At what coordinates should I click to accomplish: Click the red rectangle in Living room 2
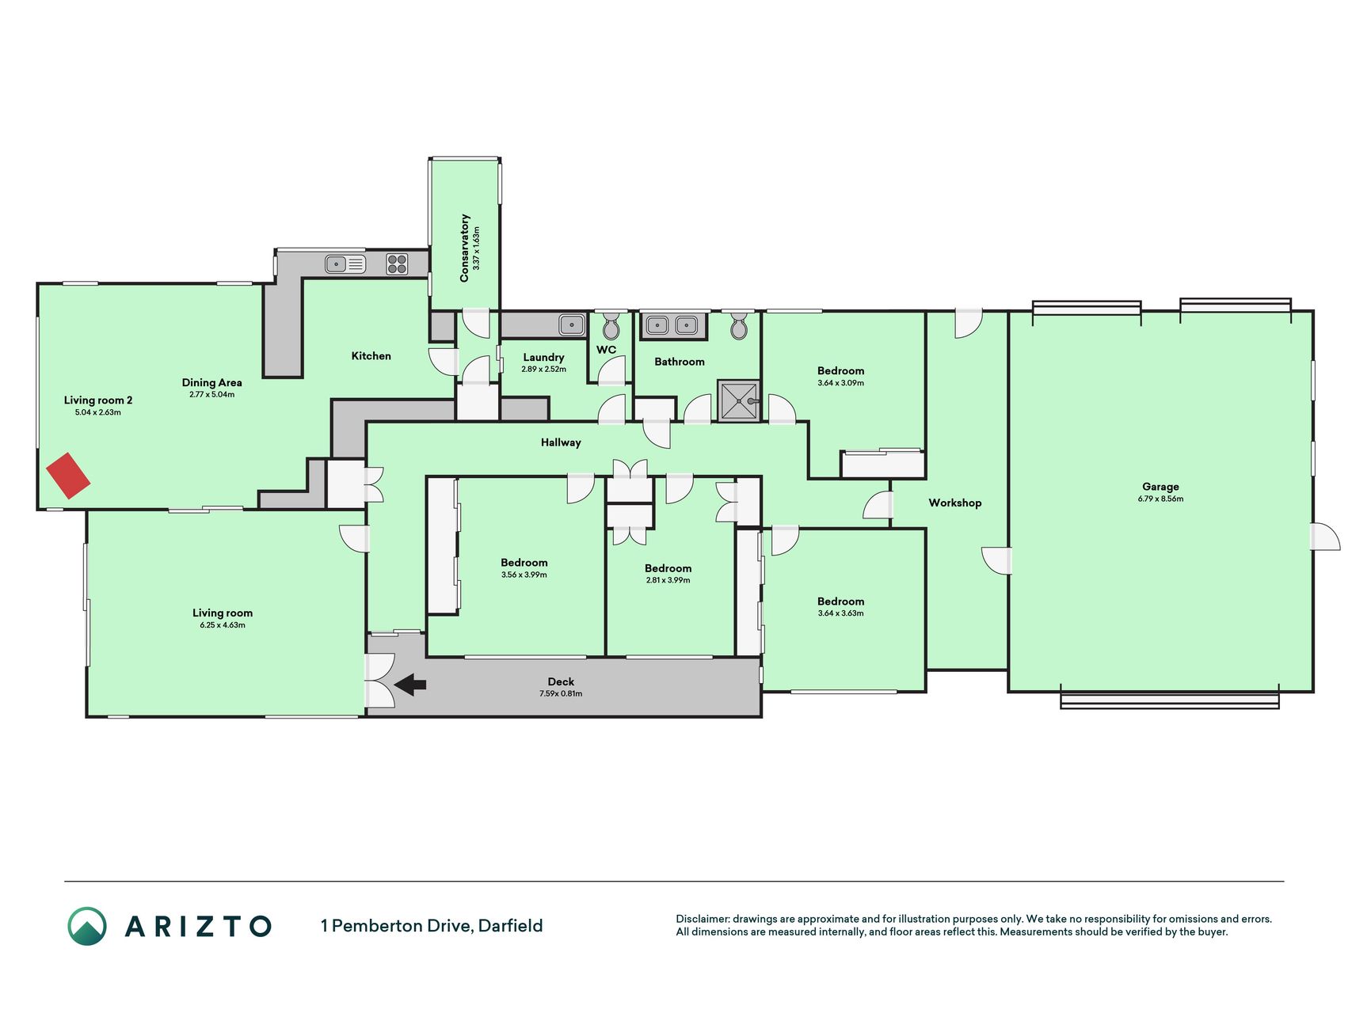(x=68, y=475)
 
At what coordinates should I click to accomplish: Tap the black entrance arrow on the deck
(x=410, y=685)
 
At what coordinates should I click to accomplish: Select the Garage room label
(x=1160, y=487)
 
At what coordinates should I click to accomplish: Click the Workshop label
(x=954, y=503)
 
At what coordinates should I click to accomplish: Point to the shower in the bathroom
(x=738, y=401)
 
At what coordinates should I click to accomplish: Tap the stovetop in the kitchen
(x=397, y=264)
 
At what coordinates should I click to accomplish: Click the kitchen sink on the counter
(x=345, y=264)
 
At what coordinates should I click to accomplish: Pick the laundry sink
(x=572, y=324)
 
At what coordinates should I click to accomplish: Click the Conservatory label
(x=464, y=248)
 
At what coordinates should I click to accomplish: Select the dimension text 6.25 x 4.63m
(x=223, y=625)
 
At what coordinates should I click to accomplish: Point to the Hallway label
(x=561, y=442)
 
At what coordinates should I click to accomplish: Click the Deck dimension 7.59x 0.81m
(x=561, y=694)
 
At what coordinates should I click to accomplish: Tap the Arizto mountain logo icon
(x=87, y=926)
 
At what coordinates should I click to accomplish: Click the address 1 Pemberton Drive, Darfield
(x=432, y=926)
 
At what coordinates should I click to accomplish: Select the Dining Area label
(x=211, y=382)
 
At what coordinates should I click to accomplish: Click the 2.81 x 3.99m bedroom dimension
(x=668, y=580)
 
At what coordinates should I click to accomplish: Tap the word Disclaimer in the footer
(x=702, y=919)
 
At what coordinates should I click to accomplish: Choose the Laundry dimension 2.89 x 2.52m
(x=543, y=370)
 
